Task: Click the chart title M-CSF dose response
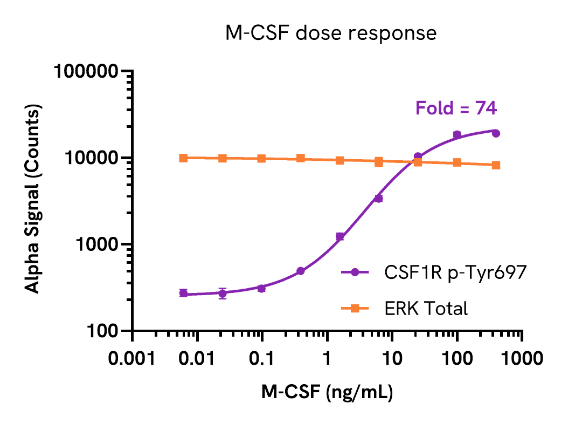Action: pyautogui.click(x=331, y=33)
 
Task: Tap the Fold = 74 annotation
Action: pyautogui.click(x=456, y=108)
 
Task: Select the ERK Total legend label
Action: pyautogui.click(x=426, y=309)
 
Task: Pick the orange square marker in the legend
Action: pyautogui.click(x=355, y=309)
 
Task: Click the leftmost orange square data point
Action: pyautogui.click(x=183, y=158)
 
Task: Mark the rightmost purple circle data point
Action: pyautogui.click(x=496, y=133)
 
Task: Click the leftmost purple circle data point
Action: pyautogui.click(x=183, y=293)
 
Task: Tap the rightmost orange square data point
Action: pyautogui.click(x=496, y=165)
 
